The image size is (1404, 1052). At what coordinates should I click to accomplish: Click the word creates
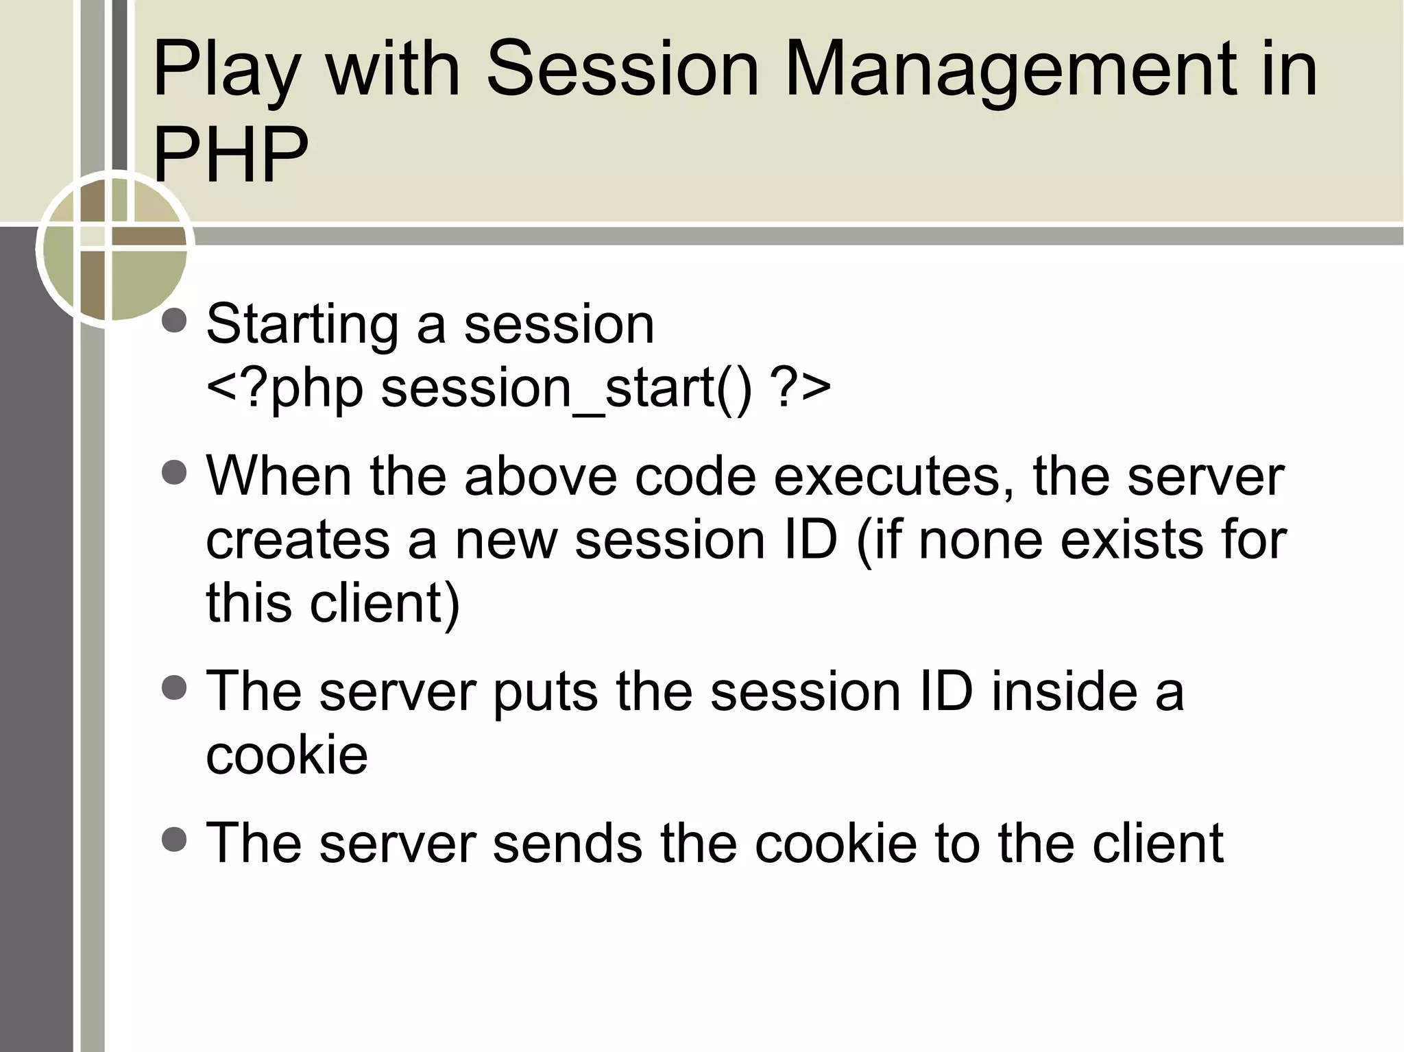tap(298, 540)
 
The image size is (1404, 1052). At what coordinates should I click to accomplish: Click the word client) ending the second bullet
tap(385, 603)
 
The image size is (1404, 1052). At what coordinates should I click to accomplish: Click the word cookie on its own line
tap(287, 755)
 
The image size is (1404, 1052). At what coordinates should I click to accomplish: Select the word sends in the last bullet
tap(567, 843)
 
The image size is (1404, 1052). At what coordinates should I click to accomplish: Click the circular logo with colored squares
tap(114, 247)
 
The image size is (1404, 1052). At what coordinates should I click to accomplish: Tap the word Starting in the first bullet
tap(302, 324)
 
